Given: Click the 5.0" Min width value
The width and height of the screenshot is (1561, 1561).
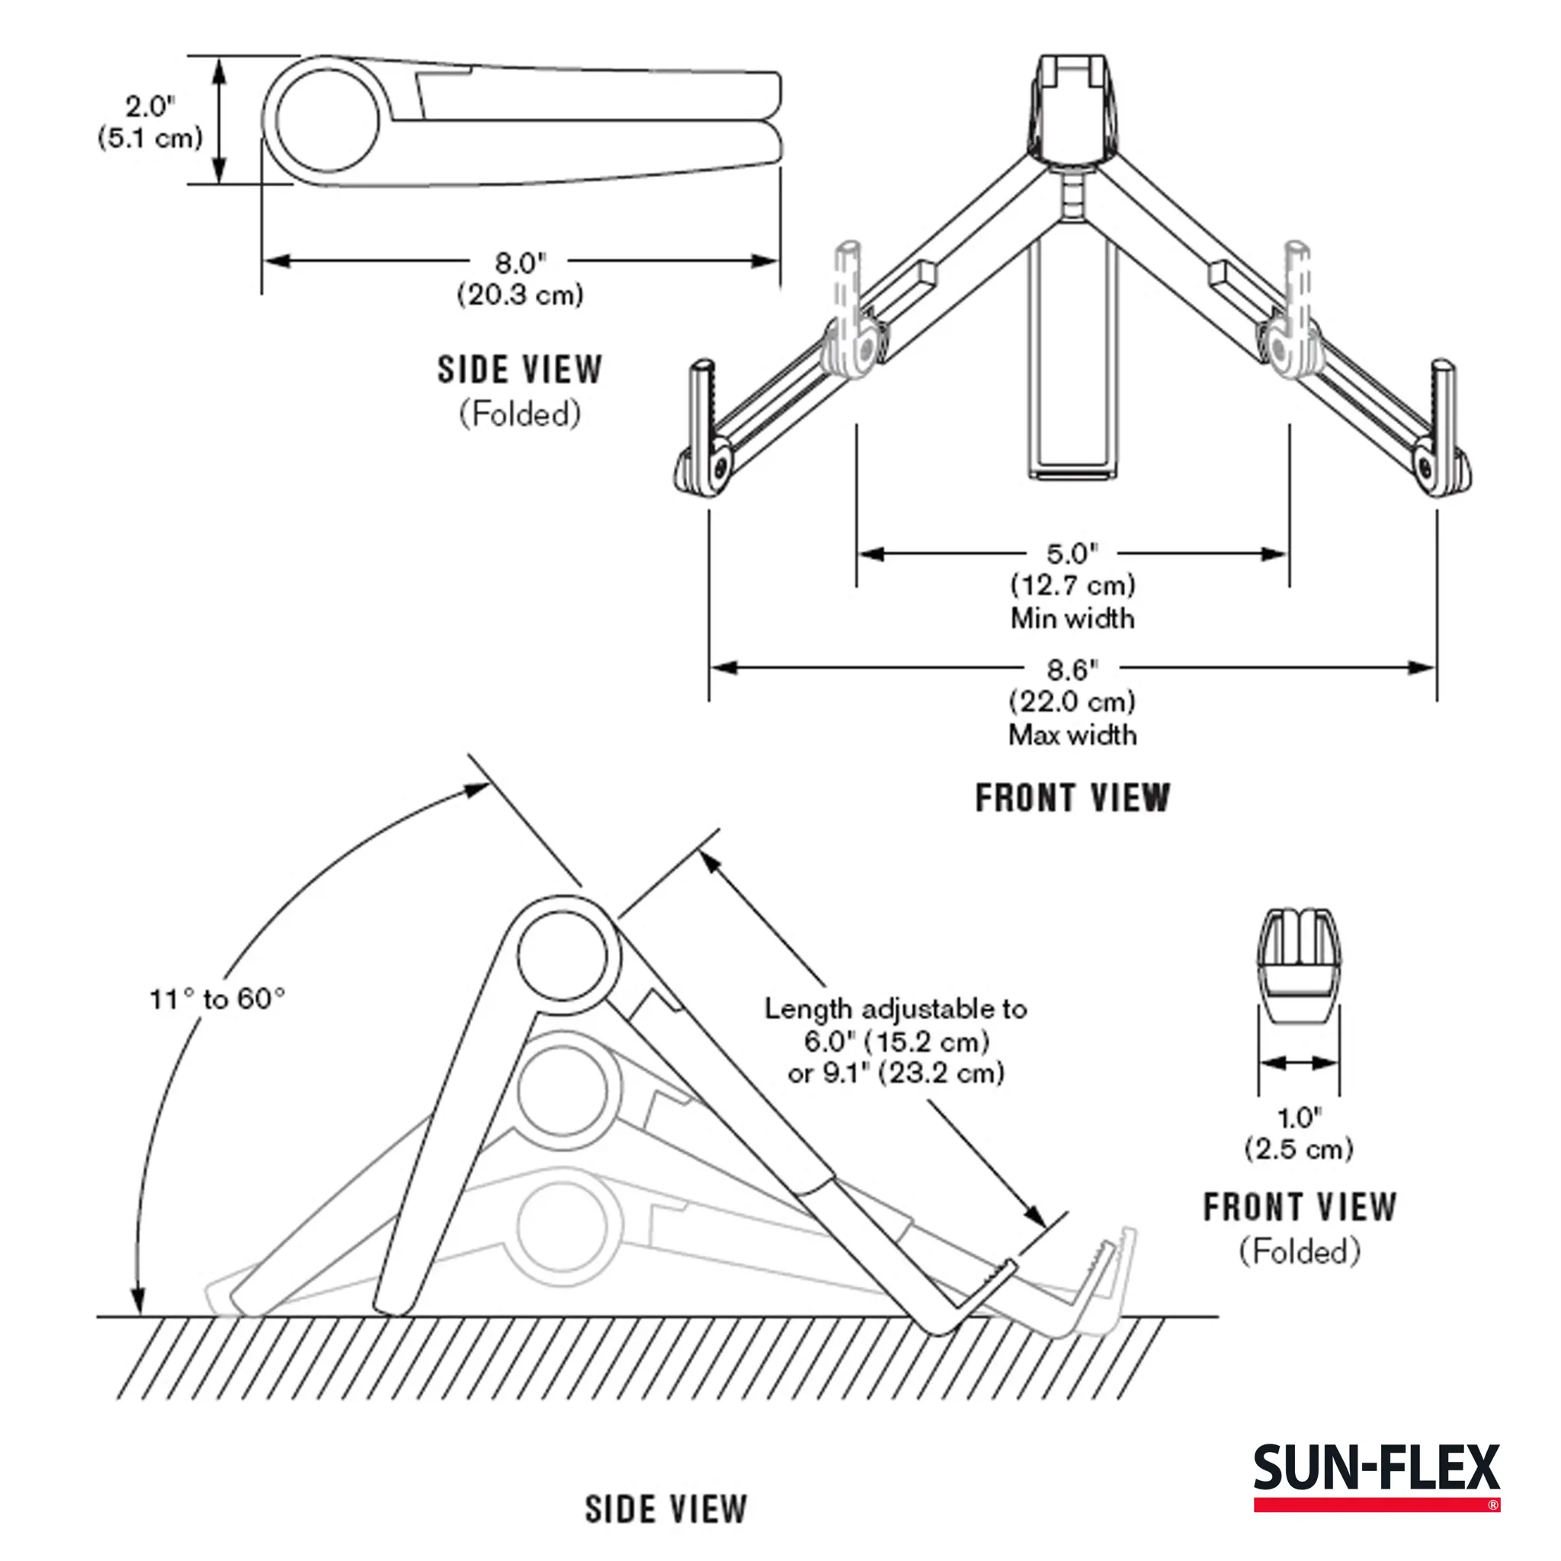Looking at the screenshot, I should click(1072, 554).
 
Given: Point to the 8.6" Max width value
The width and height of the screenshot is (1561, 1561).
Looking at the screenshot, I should click(1072, 670).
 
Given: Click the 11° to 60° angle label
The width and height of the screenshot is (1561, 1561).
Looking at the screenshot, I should click(217, 999).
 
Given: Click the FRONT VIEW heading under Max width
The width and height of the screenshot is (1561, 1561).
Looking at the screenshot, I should click(1072, 798).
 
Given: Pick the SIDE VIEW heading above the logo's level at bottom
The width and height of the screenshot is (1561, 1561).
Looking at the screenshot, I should click(665, 1509).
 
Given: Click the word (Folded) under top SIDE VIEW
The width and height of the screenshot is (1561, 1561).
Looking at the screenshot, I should click(520, 415).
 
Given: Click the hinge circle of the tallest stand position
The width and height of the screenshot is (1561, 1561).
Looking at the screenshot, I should click(562, 956).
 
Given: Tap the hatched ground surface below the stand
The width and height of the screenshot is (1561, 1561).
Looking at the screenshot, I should click(646, 1357).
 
